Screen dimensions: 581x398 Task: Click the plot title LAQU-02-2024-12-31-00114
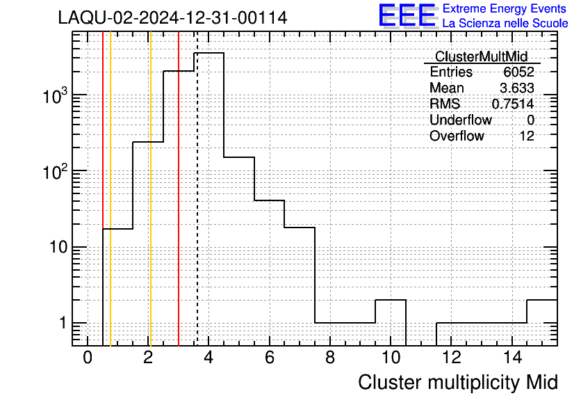pyautogui.click(x=172, y=17)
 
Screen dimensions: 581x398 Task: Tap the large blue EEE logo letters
pyautogui.click(x=407, y=15)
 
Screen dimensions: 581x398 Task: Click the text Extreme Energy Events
pyautogui.click(x=505, y=8)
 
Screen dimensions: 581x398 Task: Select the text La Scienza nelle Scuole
pyautogui.click(x=505, y=23)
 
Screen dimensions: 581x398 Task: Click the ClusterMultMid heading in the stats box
pyautogui.click(x=481, y=56)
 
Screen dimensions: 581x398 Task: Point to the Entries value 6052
pyautogui.click(x=518, y=72)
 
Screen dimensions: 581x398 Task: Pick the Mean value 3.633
pyautogui.click(x=517, y=88)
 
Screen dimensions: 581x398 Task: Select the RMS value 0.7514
pyautogui.click(x=513, y=104)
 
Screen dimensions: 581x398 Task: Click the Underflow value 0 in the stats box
pyautogui.click(x=530, y=120)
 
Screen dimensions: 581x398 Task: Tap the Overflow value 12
pyautogui.click(x=527, y=136)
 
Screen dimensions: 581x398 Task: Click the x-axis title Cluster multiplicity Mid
pyautogui.click(x=457, y=382)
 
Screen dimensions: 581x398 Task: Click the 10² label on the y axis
pyautogui.click(x=54, y=172)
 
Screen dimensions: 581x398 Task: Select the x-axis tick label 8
pyautogui.click(x=330, y=358)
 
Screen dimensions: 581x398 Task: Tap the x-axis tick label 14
pyautogui.click(x=512, y=358)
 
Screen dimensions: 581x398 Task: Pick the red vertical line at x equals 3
pyautogui.click(x=179, y=189)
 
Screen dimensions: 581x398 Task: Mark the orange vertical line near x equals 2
pyautogui.click(x=150, y=189)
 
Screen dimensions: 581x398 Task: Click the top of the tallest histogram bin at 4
pyautogui.click(x=208, y=53)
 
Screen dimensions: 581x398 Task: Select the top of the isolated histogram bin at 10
pyautogui.click(x=391, y=300)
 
